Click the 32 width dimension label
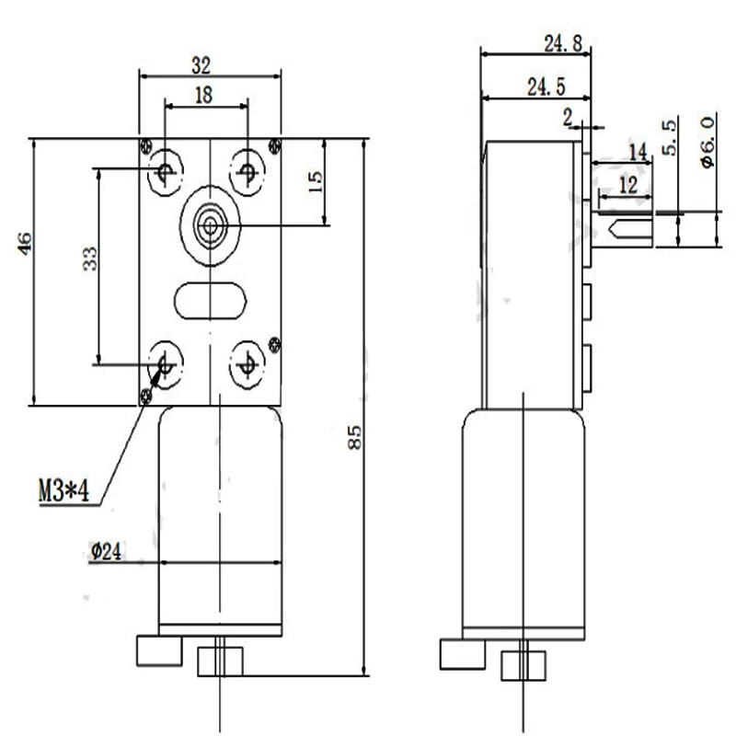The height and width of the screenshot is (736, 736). [x=201, y=65]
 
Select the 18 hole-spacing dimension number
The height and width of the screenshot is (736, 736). [x=203, y=95]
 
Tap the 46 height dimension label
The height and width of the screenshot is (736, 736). [x=25, y=243]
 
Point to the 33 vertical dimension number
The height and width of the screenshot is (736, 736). [x=89, y=259]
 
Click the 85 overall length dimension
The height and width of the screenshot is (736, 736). [x=355, y=438]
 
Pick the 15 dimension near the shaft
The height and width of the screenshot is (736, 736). [x=316, y=181]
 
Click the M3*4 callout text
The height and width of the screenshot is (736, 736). [x=63, y=491]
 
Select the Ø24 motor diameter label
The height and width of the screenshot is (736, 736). [x=106, y=551]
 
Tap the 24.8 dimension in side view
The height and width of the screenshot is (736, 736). [x=563, y=43]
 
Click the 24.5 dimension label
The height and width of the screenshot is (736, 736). [x=546, y=86]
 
